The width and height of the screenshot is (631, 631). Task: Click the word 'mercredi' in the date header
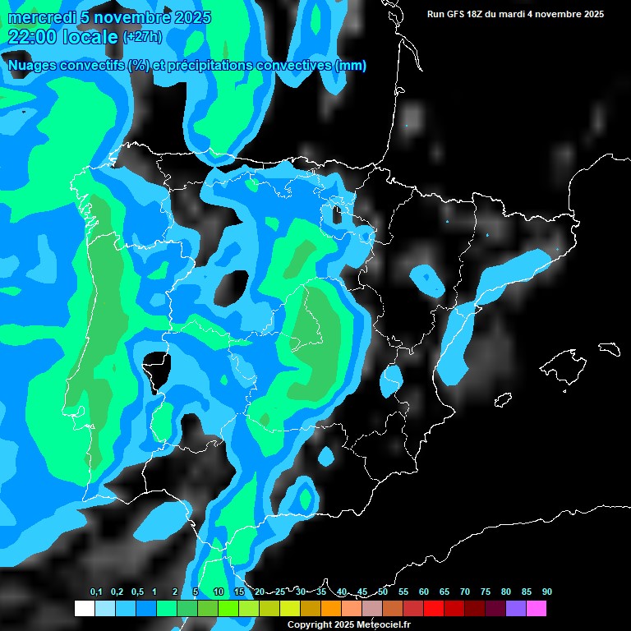click(39, 17)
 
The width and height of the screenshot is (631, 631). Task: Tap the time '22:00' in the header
click(32, 37)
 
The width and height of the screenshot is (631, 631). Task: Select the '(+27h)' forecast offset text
click(142, 37)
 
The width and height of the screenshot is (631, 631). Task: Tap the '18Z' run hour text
click(478, 14)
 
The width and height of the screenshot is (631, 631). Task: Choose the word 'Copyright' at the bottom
click(310, 624)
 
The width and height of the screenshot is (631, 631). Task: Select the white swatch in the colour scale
click(84, 608)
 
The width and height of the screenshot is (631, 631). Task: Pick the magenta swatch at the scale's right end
click(537, 608)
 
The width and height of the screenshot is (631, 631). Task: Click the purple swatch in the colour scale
click(516, 608)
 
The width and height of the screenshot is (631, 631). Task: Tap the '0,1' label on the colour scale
click(96, 592)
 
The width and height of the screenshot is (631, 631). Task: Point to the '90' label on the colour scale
click(547, 592)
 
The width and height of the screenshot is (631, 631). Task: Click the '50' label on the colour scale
click(383, 592)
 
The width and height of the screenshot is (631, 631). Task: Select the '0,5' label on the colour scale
click(137, 592)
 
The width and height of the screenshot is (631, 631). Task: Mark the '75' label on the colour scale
click(486, 592)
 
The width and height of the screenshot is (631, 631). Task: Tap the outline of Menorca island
click(609, 348)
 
